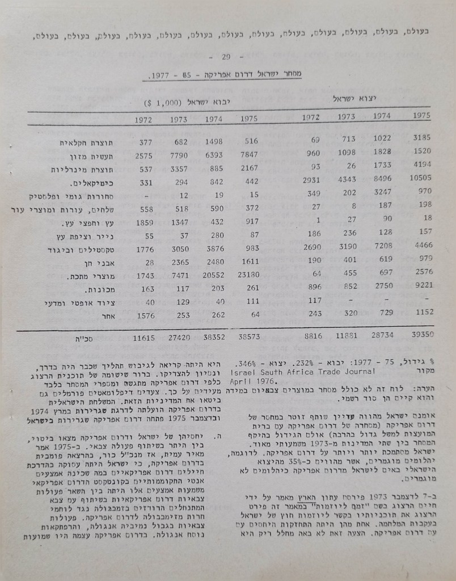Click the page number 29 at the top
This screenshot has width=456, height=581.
(226, 57)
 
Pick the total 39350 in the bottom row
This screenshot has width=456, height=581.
(420, 336)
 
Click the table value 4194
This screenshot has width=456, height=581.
(422, 166)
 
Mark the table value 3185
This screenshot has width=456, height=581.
(423, 138)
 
